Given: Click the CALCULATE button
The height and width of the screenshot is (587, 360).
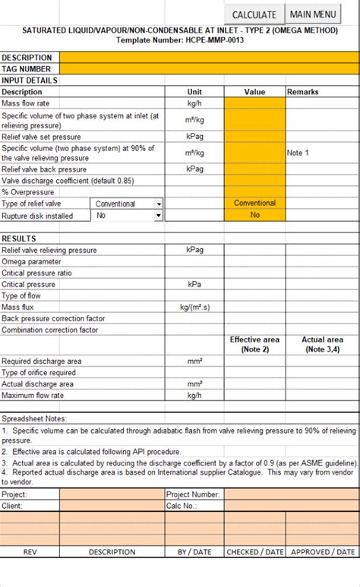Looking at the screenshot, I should point(254,14).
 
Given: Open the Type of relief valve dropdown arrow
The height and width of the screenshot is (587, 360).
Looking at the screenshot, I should point(158,204).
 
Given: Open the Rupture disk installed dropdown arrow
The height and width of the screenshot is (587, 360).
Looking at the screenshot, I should point(158,215).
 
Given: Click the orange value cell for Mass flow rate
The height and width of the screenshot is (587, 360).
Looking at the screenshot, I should point(254,103).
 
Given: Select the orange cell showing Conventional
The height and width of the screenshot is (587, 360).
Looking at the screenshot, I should point(254,204).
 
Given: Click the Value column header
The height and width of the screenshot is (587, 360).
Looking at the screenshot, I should point(254,92).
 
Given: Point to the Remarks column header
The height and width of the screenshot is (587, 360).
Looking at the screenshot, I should point(302,92).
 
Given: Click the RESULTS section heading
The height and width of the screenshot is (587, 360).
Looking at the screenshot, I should point(19,238).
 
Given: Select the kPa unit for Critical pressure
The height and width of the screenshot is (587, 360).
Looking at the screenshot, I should point(194,284).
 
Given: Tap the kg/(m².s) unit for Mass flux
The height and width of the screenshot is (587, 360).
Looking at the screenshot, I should point(194,307).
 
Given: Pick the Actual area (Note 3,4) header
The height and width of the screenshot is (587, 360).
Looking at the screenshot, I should point(323,344).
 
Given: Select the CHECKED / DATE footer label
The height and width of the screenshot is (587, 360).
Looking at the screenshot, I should point(254,552).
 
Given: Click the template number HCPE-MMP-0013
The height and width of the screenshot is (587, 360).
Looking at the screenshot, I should point(211,40).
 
